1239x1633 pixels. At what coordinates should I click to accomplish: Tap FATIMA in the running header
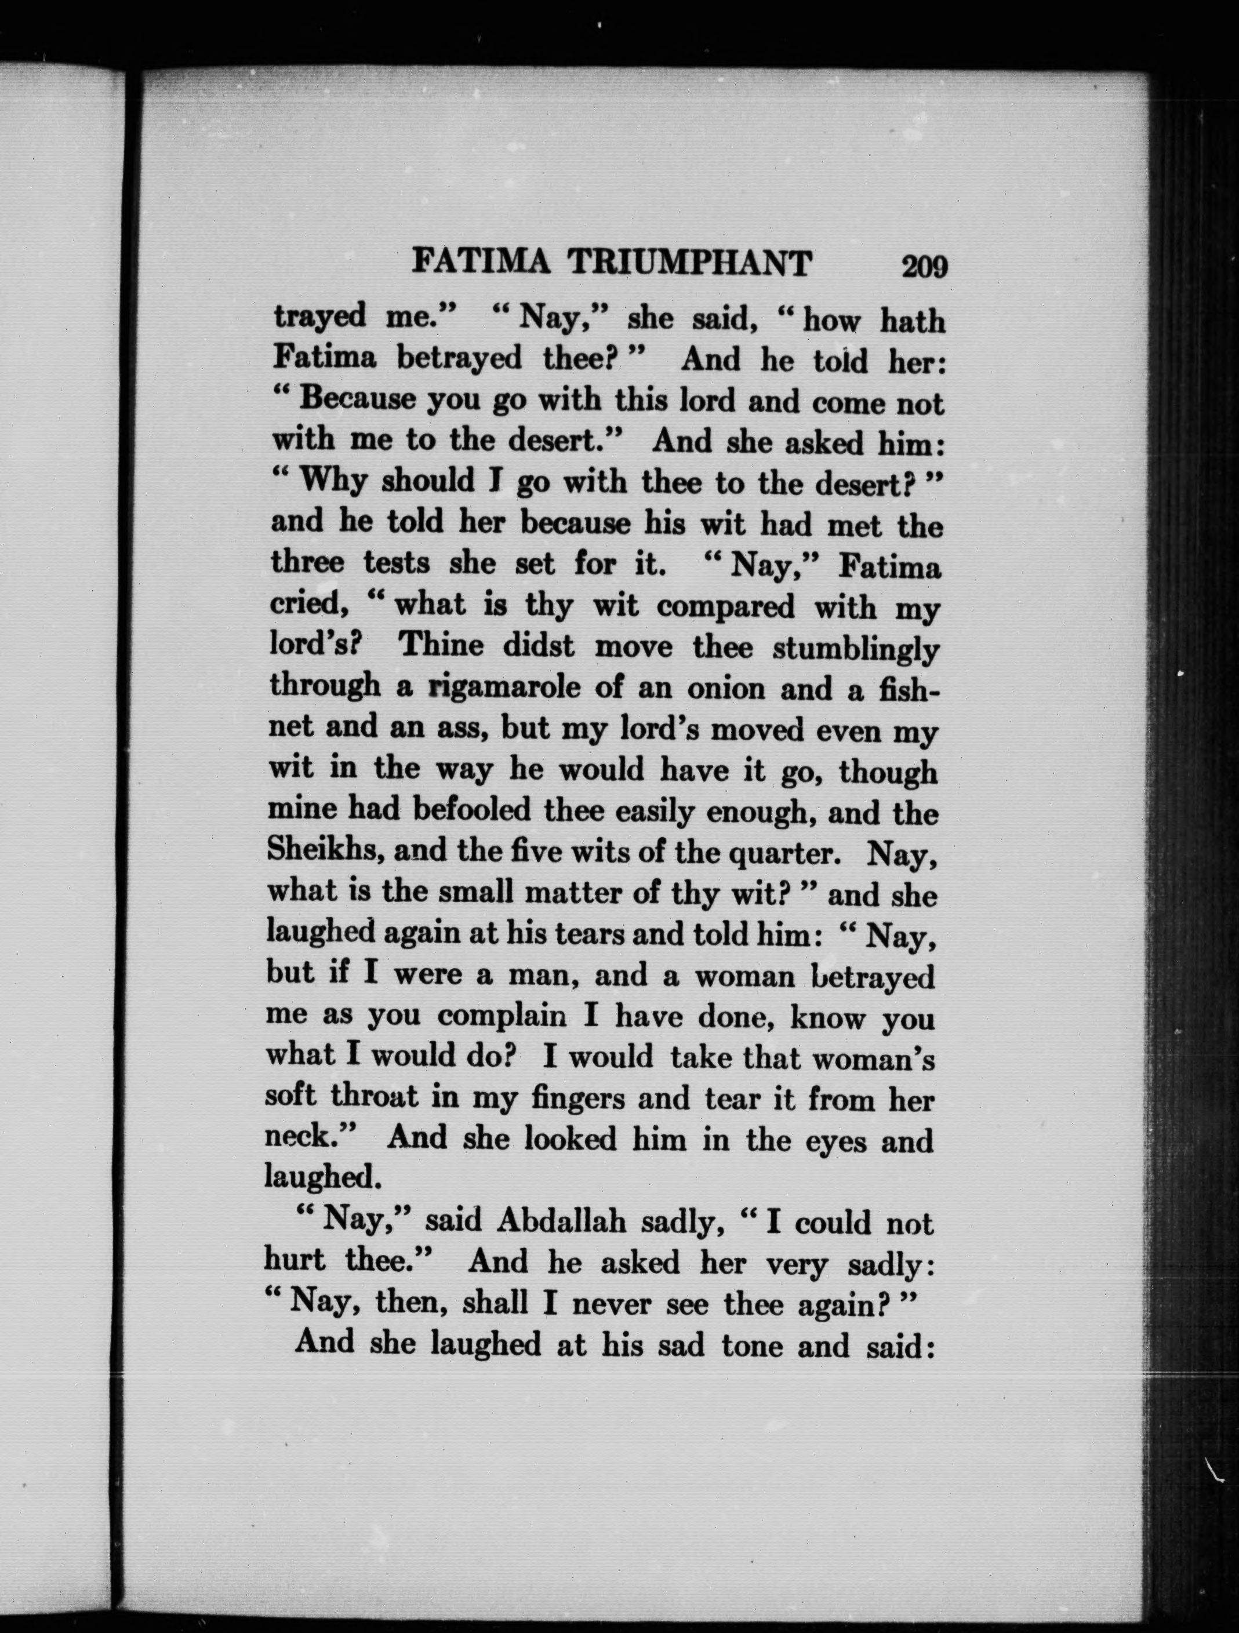479,263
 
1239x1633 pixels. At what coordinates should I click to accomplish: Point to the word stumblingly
855,650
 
